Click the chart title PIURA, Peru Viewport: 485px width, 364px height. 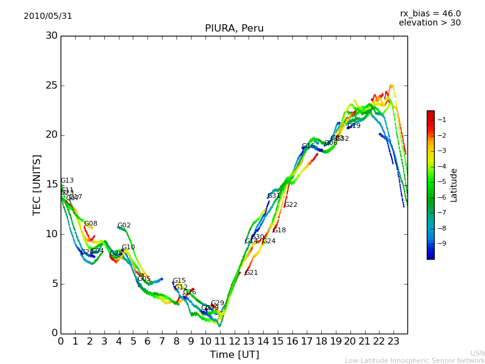(234, 29)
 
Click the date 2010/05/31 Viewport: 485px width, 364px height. (48, 16)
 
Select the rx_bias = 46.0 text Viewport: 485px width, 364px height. (430, 14)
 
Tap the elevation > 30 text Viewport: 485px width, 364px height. (430, 23)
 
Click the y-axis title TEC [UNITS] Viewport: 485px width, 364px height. (38, 184)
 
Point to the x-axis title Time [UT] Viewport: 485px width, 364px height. (234, 355)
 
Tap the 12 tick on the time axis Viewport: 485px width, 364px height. (234, 342)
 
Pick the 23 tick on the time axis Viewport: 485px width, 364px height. (393, 342)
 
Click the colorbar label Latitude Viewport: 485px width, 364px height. (454, 185)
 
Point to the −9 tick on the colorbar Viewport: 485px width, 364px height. (441, 244)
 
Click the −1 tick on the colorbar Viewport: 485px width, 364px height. (441, 120)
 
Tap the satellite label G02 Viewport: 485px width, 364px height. (124, 226)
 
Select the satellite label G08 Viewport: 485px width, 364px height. (90, 224)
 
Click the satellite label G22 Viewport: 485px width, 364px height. (290, 205)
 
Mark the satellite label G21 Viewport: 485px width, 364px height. (251, 273)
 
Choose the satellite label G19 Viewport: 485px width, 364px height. (353, 126)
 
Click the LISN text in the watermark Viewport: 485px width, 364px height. (478, 353)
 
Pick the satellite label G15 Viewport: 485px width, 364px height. (179, 281)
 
